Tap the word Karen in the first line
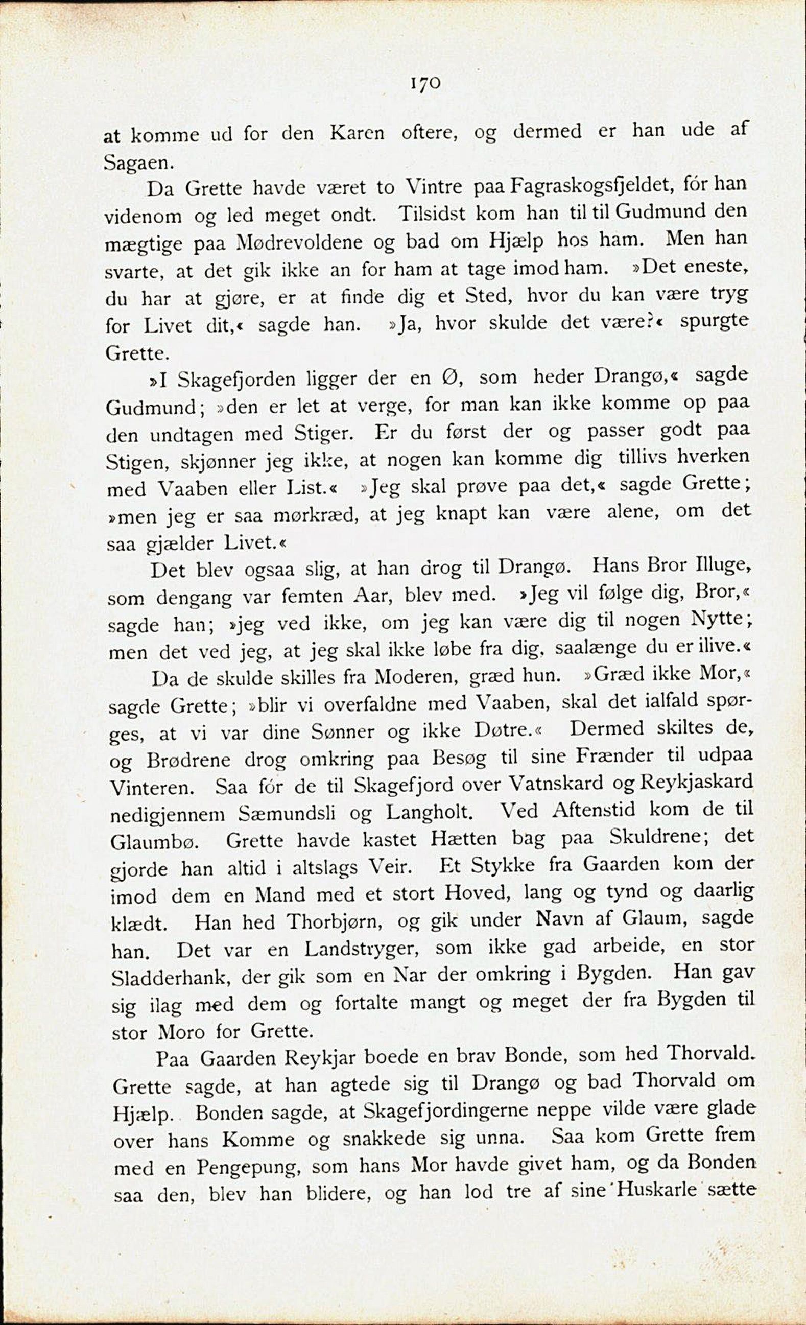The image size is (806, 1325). [x=357, y=133]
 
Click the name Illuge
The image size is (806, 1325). [x=713, y=566]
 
